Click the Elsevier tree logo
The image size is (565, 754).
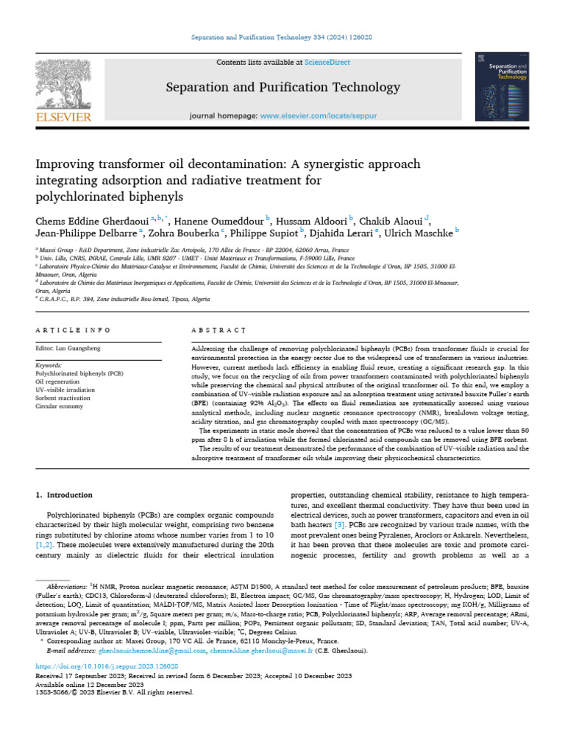point(64,88)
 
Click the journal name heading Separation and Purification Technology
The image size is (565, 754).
point(282,88)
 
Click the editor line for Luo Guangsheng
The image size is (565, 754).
point(69,348)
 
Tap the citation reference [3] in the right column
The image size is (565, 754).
point(339,524)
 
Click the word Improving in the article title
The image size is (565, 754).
point(63,163)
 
